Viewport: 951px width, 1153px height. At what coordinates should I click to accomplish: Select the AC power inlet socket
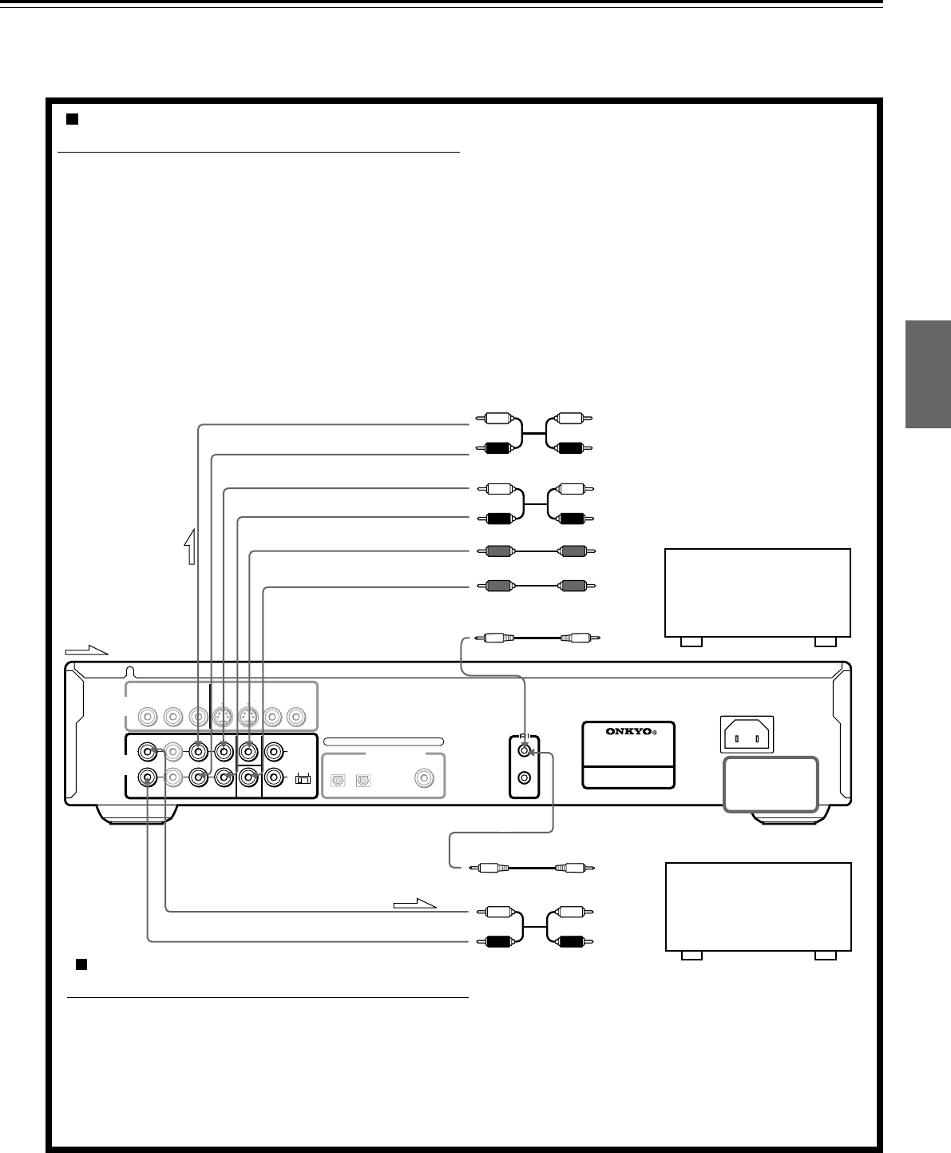pyautogui.click(x=747, y=734)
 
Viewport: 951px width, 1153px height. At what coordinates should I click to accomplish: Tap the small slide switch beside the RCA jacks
pyautogui.click(x=302, y=778)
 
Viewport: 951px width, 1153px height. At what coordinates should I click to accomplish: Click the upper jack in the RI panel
pyautogui.click(x=524, y=751)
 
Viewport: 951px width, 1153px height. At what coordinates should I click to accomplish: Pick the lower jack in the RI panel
pyautogui.click(x=524, y=777)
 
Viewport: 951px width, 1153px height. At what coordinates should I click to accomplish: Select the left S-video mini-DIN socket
pyautogui.click(x=223, y=717)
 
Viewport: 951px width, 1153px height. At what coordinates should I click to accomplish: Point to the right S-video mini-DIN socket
pyautogui.click(x=249, y=717)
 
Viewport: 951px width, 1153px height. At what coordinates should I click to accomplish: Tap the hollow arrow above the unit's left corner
pyautogui.click(x=87, y=650)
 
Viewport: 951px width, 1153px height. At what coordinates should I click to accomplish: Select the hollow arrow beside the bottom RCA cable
pyautogui.click(x=415, y=904)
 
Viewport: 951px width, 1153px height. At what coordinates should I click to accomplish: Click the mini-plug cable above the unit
pyautogui.click(x=536, y=638)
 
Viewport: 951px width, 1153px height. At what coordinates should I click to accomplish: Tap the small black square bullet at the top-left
pyautogui.click(x=71, y=119)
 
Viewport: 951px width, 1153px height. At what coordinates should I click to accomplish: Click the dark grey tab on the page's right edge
pyautogui.click(x=929, y=375)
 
